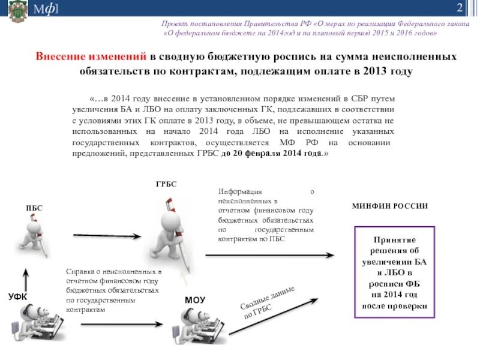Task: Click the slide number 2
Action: point(459,8)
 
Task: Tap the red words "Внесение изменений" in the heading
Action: point(91,56)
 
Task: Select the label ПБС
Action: point(34,208)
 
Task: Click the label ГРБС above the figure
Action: point(166,184)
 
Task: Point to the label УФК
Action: point(18,296)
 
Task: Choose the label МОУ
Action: point(195,299)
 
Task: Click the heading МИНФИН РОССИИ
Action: point(389,206)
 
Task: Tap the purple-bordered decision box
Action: point(394,272)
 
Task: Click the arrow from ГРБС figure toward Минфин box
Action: point(269,255)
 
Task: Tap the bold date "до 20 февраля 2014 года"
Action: point(273,154)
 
